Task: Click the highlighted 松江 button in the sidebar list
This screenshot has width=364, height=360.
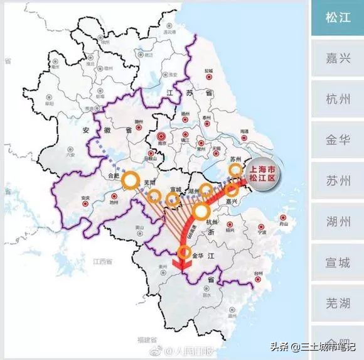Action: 338,18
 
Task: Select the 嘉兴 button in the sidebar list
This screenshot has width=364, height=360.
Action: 338,58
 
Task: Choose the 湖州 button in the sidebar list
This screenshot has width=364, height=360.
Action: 338,222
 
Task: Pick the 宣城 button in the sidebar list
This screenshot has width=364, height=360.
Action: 338,263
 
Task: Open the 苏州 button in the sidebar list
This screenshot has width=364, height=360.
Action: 338,181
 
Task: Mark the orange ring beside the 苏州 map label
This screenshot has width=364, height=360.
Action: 235,170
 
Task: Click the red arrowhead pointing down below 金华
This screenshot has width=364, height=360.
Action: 183,268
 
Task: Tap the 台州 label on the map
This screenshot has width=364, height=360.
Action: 259,275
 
